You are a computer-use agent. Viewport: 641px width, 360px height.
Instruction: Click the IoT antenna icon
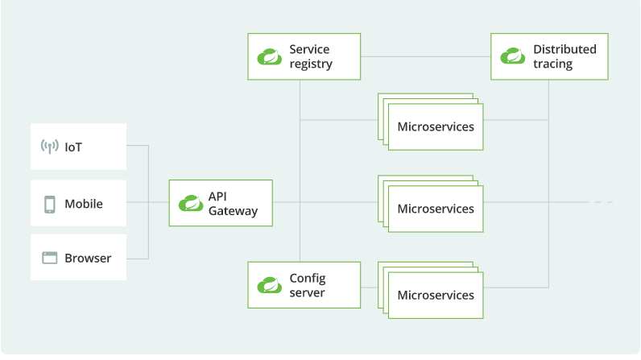point(49,147)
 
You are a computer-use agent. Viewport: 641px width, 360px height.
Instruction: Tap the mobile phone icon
point(49,205)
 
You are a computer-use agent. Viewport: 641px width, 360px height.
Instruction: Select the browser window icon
point(49,258)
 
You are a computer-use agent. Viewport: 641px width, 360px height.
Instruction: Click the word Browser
point(88,259)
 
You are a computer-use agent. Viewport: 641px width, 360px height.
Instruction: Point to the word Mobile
point(84,204)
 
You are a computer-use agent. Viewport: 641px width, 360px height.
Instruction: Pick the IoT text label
point(73,147)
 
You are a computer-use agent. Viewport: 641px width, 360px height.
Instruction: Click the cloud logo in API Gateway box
point(191,203)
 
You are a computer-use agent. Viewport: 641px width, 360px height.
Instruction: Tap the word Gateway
point(233,211)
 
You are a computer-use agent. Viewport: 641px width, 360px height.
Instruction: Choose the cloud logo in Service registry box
point(270,56)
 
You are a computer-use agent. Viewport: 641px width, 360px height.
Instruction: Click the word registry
point(311,64)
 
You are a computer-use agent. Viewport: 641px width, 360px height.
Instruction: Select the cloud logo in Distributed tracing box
point(513,56)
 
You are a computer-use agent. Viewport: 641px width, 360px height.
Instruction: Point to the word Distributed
point(564,49)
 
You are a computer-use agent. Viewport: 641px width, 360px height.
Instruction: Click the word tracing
point(552,64)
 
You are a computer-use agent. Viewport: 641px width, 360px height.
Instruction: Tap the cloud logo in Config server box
point(270,285)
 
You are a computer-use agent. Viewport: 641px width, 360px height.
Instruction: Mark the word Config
point(308,279)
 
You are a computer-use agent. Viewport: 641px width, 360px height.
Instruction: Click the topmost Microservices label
point(436,126)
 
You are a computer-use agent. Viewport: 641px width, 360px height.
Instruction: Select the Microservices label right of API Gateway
point(436,209)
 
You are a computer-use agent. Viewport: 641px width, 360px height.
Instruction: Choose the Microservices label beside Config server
point(436,295)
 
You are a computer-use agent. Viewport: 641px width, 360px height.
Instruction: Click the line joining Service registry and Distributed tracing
point(425,56)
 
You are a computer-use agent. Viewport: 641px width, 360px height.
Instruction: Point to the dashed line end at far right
point(612,202)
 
